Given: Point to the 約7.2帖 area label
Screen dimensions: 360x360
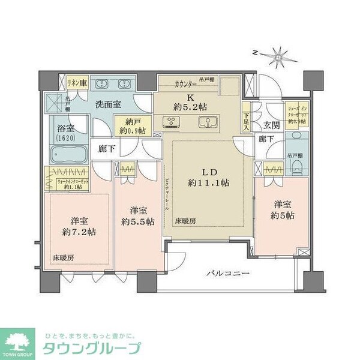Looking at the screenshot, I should tap(77, 233).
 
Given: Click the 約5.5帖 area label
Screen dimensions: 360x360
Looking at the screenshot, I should tap(138, 221).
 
